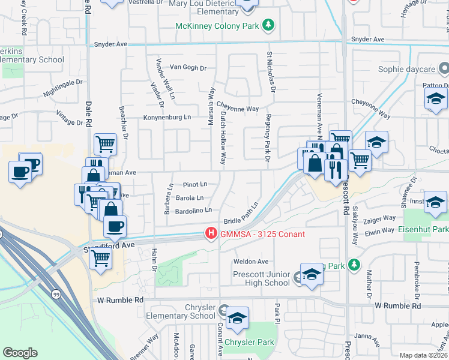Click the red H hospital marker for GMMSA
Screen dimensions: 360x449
tap(211, 233)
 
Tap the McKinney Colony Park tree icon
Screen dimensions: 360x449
tap(270, 26)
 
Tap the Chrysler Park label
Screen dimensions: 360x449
tap(249, 343)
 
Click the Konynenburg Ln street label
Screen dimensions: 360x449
tap(167, 118)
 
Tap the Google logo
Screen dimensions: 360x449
tap(20, 353)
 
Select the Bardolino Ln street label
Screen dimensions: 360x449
tap(193, 211)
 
